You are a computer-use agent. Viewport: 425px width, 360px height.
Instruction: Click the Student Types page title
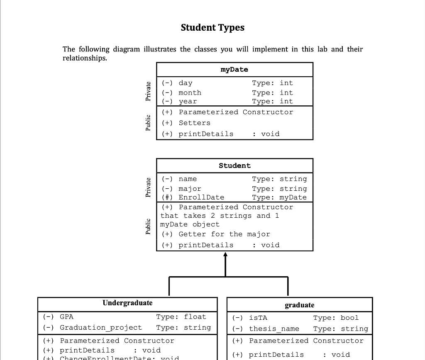(212, 28)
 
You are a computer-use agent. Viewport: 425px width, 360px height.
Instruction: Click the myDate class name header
(234, 70)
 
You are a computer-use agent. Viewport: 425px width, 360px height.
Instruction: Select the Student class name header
(234, 165)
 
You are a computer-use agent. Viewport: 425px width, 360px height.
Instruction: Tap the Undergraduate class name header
(127, 303)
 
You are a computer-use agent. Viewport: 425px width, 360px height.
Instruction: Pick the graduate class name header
(299, 305)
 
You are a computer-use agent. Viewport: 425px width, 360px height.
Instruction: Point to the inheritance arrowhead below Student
(225, 255)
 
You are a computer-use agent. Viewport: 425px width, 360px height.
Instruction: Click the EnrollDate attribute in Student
(201, 197)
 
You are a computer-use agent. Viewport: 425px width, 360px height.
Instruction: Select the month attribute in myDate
(190, 92)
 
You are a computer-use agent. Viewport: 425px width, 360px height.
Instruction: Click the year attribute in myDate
(188, 101)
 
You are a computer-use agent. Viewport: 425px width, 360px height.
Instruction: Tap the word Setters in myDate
(194, 123)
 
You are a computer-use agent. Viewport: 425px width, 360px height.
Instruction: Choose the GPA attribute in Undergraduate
(66, 317)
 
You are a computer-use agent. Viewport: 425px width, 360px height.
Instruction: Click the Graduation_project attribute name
(101, 328)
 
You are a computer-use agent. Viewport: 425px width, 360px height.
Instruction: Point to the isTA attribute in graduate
(258, 318)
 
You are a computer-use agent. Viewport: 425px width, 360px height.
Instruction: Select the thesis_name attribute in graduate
(274, 329)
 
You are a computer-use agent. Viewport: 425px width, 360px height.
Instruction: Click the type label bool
(349, 318)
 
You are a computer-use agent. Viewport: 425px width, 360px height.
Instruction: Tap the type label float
(195, 317)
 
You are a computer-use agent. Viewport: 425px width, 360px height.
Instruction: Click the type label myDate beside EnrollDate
(293, 197)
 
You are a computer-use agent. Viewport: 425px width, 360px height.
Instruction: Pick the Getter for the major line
(216, 234)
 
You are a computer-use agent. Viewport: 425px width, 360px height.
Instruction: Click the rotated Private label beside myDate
(148, 91)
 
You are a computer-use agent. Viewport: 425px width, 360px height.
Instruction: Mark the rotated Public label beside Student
(148, 226)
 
